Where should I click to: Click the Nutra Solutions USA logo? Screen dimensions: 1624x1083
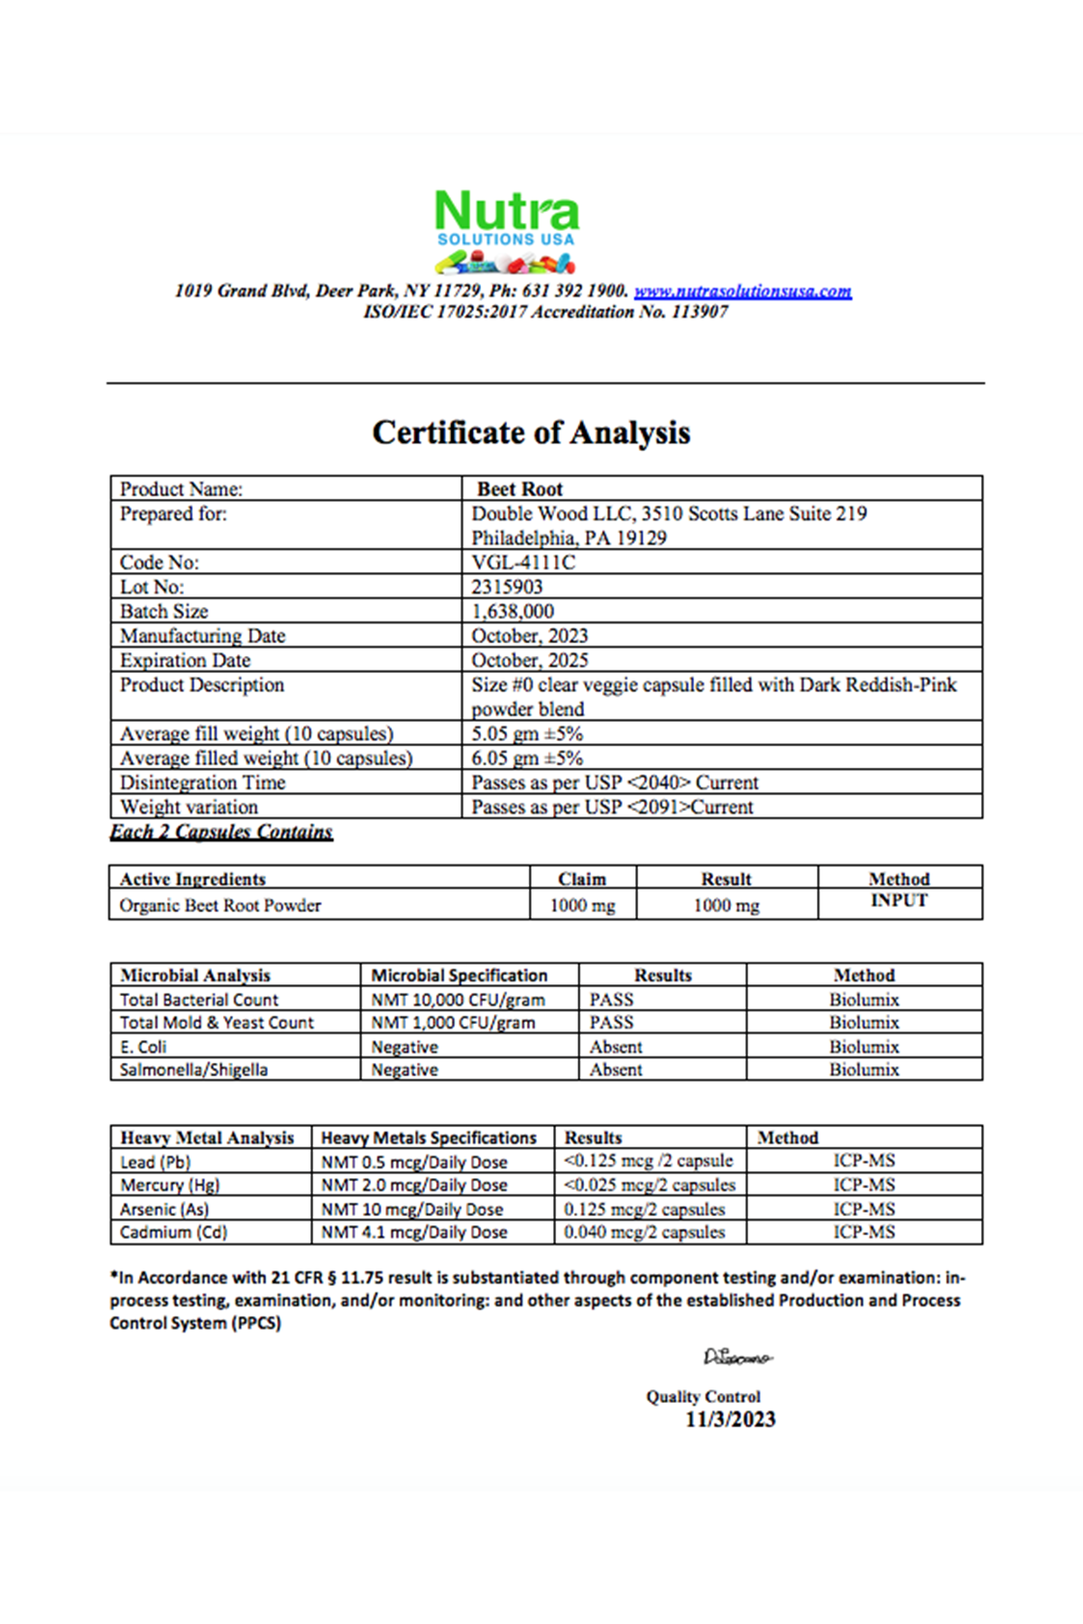[506, 231]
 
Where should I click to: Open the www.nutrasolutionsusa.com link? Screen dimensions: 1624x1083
[743, 291]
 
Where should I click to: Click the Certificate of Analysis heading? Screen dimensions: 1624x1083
[532, 432]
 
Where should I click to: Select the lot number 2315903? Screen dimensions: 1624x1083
[507, 586]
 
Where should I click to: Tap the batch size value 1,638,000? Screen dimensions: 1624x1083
[513, 611]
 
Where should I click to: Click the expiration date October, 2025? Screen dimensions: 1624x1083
[530, 660]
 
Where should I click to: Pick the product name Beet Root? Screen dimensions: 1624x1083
[520, 489]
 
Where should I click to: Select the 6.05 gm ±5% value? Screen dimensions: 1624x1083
[527, 758]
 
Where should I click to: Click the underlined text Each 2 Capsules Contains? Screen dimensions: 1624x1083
[221, 831]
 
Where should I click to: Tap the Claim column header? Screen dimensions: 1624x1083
[582, 879]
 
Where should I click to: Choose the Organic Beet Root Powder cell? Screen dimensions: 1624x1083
[220, 905]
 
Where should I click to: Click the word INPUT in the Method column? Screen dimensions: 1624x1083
[899, 900]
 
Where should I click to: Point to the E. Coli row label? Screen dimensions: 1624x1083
[143, 1047]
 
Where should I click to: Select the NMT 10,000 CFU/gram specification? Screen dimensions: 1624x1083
[458, 1000]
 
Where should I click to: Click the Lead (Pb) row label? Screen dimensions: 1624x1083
[155, 1162]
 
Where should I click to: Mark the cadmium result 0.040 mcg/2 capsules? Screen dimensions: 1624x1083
[644, 1232]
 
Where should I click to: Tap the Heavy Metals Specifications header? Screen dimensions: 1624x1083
[429, 1138]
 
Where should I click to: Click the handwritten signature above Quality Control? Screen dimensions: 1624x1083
[737, 1357]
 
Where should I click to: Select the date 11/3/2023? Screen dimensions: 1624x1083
[730, 1419]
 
